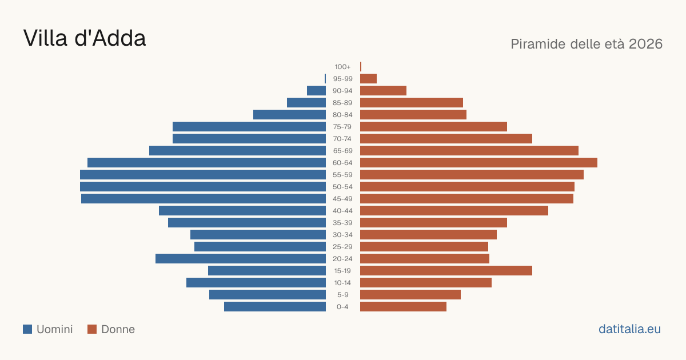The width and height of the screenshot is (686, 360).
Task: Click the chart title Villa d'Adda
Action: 85,38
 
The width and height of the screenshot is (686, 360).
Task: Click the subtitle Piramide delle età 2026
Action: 587,44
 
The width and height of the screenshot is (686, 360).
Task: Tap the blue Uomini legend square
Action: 27,329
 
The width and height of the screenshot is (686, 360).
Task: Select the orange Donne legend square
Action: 92,329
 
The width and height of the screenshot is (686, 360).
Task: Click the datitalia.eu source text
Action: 629,329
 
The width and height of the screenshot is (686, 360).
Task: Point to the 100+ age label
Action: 342,67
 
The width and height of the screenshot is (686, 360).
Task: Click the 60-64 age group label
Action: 342,163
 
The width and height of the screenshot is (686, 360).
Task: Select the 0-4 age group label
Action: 342,307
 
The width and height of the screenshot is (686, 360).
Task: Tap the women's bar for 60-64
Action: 478,162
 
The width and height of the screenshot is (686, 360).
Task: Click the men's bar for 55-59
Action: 203,174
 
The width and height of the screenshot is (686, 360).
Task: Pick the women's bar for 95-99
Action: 368,79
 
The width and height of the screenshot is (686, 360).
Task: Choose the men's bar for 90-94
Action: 316,91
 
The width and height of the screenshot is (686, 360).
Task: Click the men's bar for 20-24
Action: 241,259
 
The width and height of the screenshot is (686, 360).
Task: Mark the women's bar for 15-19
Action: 446,271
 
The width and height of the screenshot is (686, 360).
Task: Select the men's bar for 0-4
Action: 275,307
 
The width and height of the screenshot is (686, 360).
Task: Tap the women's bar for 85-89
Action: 412,102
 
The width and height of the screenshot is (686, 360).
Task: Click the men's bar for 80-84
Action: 289,114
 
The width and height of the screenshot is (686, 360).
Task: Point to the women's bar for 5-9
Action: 410,294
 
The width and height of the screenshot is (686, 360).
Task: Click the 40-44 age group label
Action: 342,211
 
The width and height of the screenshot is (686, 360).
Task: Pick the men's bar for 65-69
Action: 237,151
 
